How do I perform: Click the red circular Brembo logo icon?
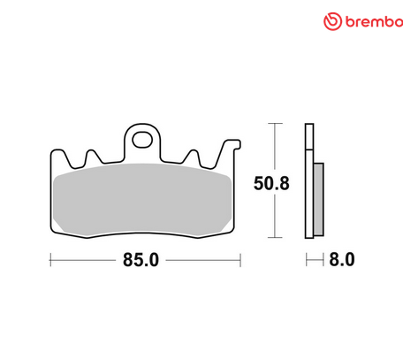(332, 20)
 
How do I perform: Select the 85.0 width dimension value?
(145, 261)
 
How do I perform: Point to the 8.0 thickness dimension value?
(342, 261)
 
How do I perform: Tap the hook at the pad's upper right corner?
(232, 143)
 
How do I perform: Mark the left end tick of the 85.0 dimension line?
(49, 261)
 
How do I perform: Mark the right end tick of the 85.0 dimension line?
(240, 261)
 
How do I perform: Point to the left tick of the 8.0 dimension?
(306, 261)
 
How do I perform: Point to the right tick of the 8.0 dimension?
(323, 261)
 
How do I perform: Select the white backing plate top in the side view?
(309, 142)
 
